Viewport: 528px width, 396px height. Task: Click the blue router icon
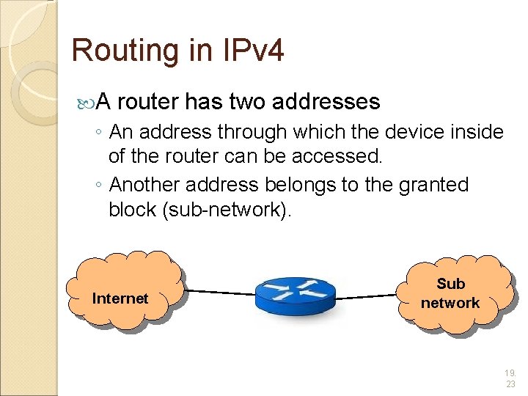[295, 296]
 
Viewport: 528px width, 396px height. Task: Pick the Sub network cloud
[450, 293]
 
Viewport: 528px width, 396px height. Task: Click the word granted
[433, 185]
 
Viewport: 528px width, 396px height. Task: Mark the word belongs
[300, 185]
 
